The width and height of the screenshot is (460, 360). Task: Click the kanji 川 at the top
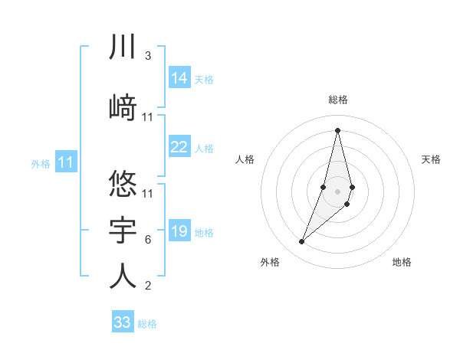[x=123, y=47]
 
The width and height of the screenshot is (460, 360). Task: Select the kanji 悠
[x=123, y=185]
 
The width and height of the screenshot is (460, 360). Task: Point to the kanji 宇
[x=123, y=229]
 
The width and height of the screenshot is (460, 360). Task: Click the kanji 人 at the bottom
[x=123, y=276]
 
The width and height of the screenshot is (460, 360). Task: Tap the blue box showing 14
[x=179, y=78]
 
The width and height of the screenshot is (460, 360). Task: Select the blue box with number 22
[x=179, y=148]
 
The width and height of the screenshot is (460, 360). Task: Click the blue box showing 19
[x=179, y=232]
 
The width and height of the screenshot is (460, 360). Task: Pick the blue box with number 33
[x=123, y=322]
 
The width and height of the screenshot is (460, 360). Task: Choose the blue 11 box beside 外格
[x=66, y=162]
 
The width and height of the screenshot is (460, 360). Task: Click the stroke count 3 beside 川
[x=148, y=56]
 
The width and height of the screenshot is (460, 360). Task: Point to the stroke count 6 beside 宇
[x=148, y=240]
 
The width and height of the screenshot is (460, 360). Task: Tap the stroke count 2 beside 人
[x=148, y=286]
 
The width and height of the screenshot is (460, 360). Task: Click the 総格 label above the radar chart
[x=338, y=100]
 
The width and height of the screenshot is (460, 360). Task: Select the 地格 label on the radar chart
[x=402, y=262]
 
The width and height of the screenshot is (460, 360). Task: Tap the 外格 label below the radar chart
[x=270, y=262]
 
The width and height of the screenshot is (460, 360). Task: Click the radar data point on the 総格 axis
[x=337, y=130]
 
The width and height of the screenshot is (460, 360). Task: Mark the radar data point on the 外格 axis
[x=301, y=242]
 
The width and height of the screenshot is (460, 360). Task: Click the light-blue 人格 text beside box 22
[x=204, y=149]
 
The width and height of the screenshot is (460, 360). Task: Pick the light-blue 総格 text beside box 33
[x=147, y=324]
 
